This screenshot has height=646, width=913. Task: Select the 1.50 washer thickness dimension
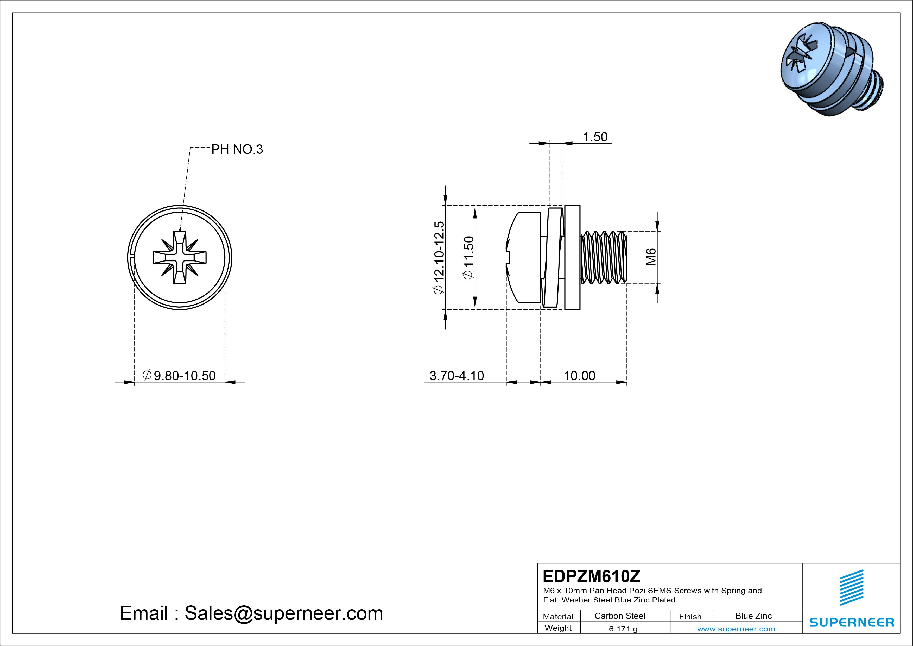click(595, 137)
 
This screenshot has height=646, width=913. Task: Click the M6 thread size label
click(651, 257)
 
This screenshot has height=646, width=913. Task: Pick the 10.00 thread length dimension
click(579, 376)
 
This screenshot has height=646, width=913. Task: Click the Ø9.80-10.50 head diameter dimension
click(179, 375)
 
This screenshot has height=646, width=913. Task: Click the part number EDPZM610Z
click(592, 576)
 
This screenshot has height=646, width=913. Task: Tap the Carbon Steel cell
click(619, 616)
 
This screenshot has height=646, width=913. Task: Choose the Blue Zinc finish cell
click(753, 616)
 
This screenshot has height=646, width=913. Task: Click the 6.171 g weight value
click(623, 629)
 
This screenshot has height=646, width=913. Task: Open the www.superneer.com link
click(736, 629)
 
